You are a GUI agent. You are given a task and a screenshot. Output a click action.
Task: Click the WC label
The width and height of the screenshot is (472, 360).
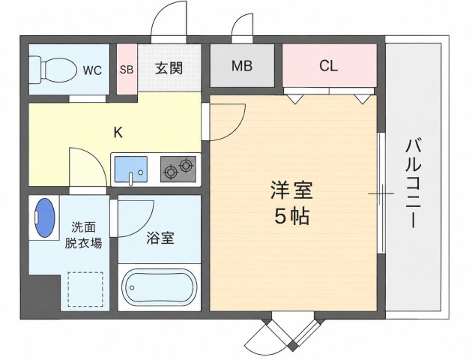point(92,70)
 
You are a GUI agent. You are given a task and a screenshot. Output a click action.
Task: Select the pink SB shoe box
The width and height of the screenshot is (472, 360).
point(127,69)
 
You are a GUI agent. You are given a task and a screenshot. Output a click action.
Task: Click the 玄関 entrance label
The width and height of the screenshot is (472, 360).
point(169,68)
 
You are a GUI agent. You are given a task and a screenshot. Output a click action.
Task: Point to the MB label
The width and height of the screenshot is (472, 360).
point(242,66)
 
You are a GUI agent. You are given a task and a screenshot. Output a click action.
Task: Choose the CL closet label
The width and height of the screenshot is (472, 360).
point(328,66)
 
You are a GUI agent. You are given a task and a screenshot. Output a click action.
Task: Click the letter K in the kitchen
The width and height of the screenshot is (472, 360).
point(118,132)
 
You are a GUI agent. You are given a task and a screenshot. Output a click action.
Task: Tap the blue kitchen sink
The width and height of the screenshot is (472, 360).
point(131,169)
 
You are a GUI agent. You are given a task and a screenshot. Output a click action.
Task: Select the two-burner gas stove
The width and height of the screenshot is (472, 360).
point(178,169)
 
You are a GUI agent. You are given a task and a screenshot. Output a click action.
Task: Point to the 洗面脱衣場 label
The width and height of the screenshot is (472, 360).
point(83,235)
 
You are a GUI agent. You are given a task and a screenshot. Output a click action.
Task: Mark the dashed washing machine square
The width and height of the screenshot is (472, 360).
point(85,289)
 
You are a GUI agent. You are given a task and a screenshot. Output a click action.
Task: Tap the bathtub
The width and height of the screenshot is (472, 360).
point(160,287)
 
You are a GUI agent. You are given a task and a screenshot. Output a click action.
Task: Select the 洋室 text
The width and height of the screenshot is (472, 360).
point(291,190)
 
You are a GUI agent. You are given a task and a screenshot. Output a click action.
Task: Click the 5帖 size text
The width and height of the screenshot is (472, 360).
point(291,216)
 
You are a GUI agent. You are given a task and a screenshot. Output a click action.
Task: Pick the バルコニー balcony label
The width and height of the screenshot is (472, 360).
point(414,184)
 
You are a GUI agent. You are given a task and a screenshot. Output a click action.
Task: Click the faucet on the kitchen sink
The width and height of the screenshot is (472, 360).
point(131,178)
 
